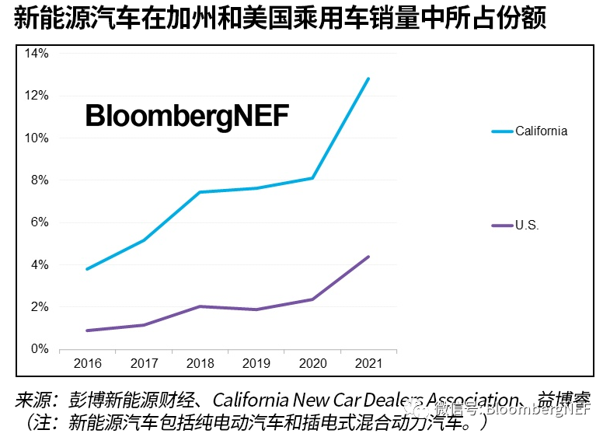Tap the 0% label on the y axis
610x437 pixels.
click(40, 349)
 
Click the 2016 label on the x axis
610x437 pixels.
click(88, 364)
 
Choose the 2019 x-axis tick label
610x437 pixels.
click(256, 364)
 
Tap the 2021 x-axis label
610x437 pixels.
click(368, 364)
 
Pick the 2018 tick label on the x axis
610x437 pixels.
click(200, 364)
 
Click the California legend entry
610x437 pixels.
click(541, 131)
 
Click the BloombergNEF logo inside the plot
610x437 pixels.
click(186, 116)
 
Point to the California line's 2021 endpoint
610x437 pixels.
click(368, 79)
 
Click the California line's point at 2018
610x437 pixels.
click(200, 192)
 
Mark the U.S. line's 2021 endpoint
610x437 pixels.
click(368, 257)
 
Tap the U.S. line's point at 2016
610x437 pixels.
click(88, 330)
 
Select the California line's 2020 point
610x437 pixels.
click(312, 178)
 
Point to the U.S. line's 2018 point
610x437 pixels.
click(200, 306)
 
